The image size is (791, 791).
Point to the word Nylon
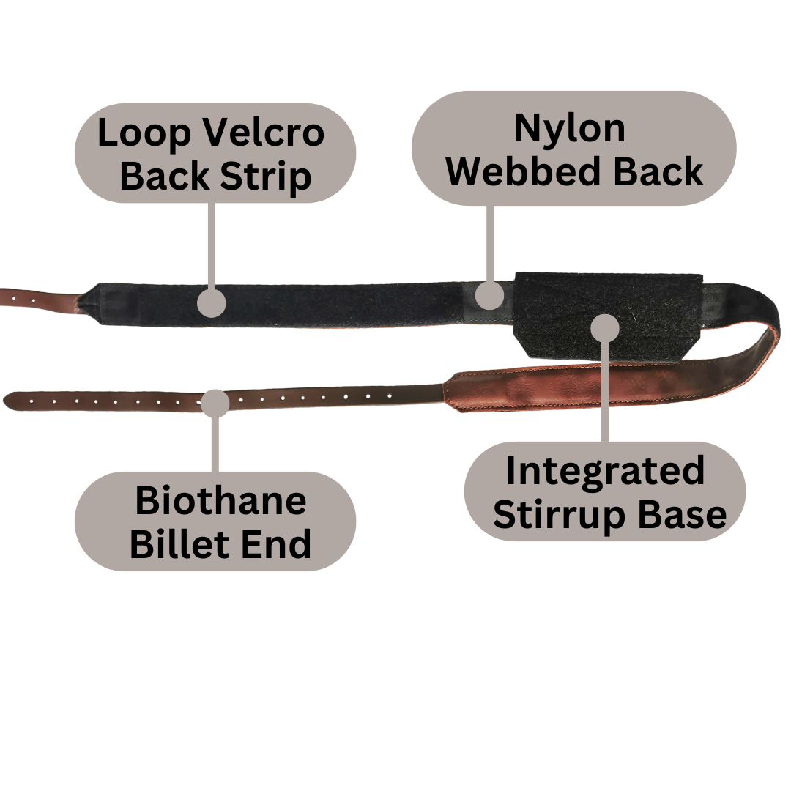tap(570, 130)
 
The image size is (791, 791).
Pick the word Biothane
tap(220, 502)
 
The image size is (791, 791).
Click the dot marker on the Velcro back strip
tap(212, 302)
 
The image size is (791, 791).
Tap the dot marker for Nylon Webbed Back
tap(489, 295)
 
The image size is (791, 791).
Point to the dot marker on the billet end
tap(215, 403)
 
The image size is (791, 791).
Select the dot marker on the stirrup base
tap(605, 327)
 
